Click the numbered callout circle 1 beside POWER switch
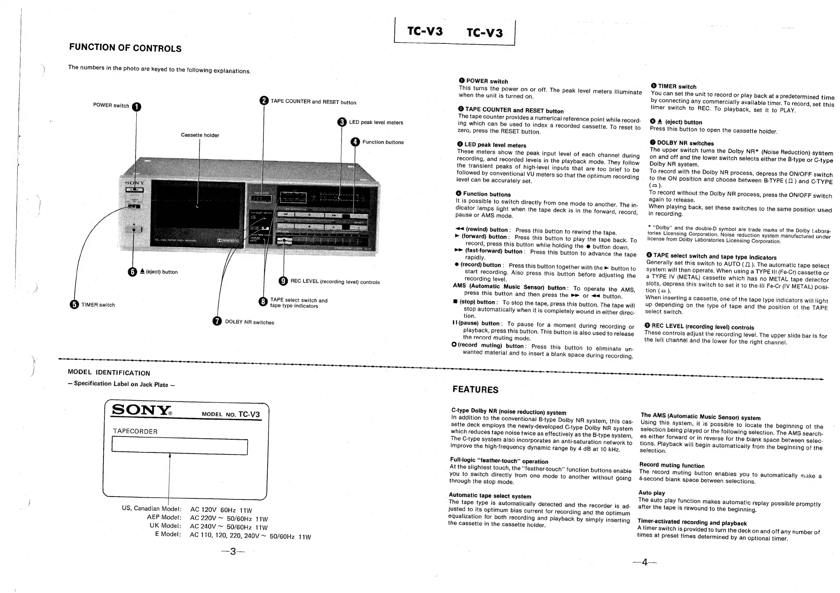point(136,107)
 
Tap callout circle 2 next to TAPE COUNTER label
point(264,101)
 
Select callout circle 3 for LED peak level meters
point(342,122)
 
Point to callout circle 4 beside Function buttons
point(355,142)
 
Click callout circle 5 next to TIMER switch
point(74,304)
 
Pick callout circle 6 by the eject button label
point(132,272)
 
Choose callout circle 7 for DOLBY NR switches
point(217,321)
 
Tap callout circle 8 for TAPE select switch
point(263,302)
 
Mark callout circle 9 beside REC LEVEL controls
point(283,281)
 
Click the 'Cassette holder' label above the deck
point(200,135)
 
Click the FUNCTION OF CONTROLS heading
point(125,48)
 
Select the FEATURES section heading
point(475,390)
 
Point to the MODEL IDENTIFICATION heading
point(109,372)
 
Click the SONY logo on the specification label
point(141,410)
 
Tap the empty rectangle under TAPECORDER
point(180,447)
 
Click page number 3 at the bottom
point(233,551)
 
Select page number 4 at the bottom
point(644,562)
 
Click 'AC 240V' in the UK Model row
point(203,526)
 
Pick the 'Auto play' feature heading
point(652,493)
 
